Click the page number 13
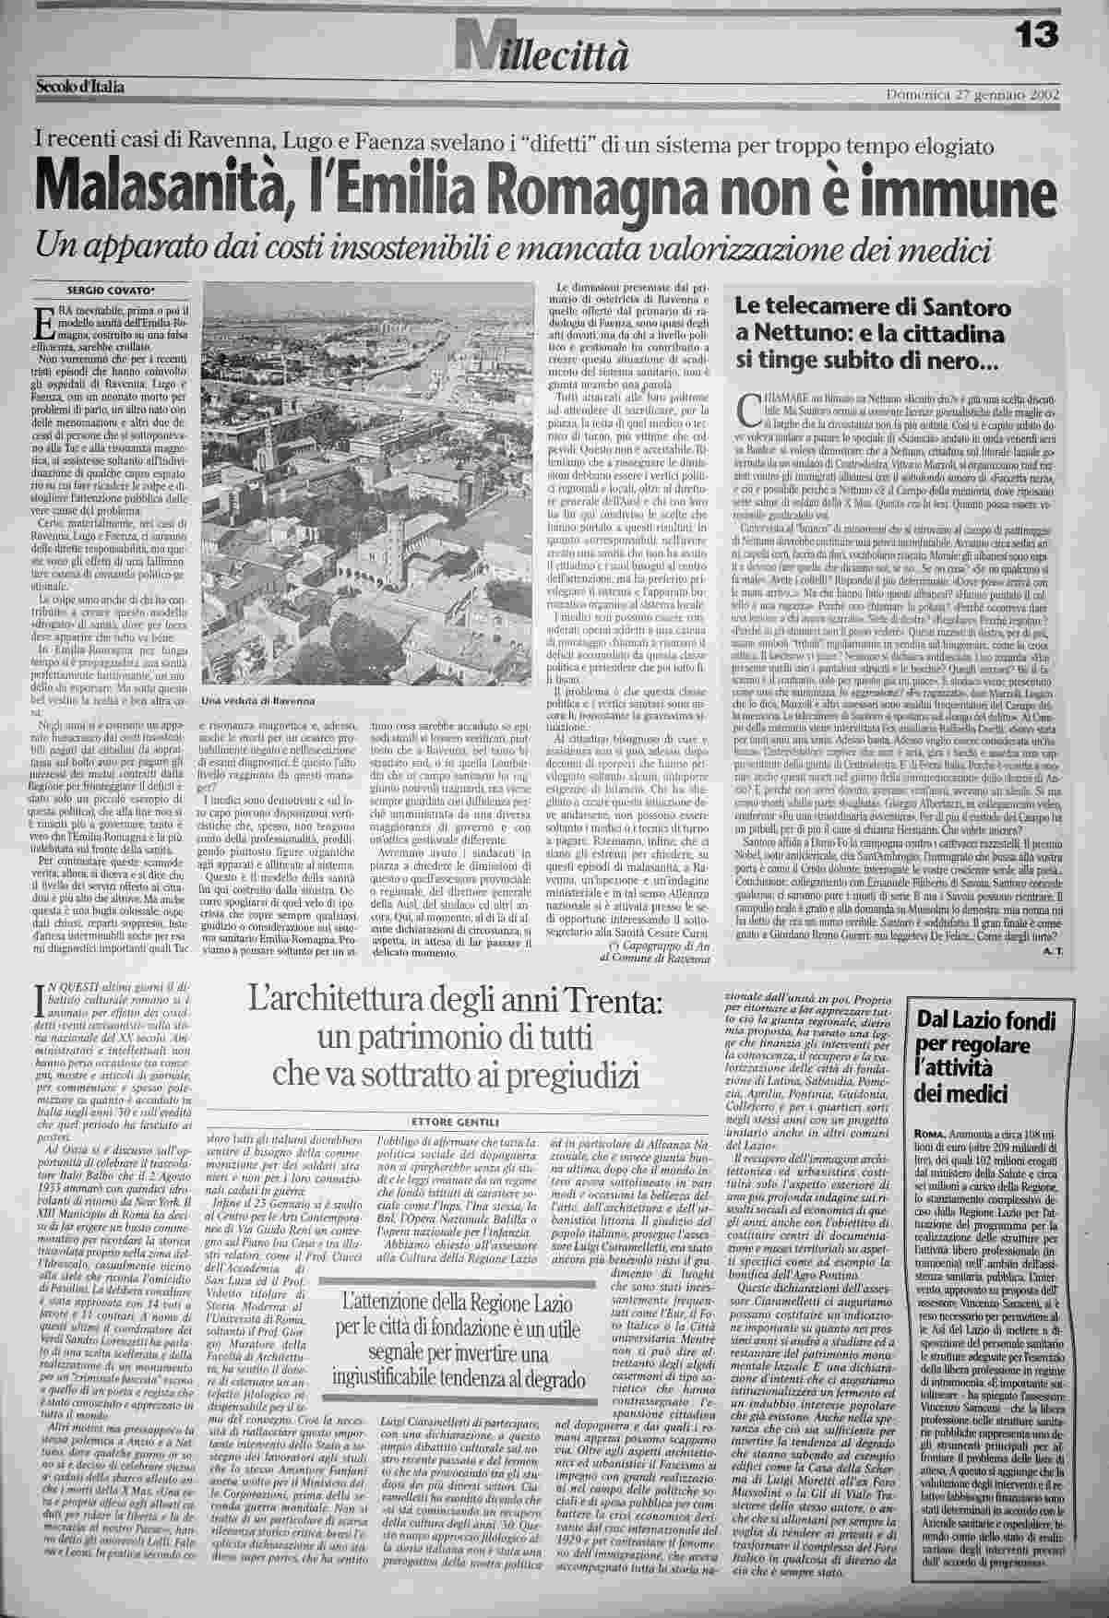(x=1038, y=34)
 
